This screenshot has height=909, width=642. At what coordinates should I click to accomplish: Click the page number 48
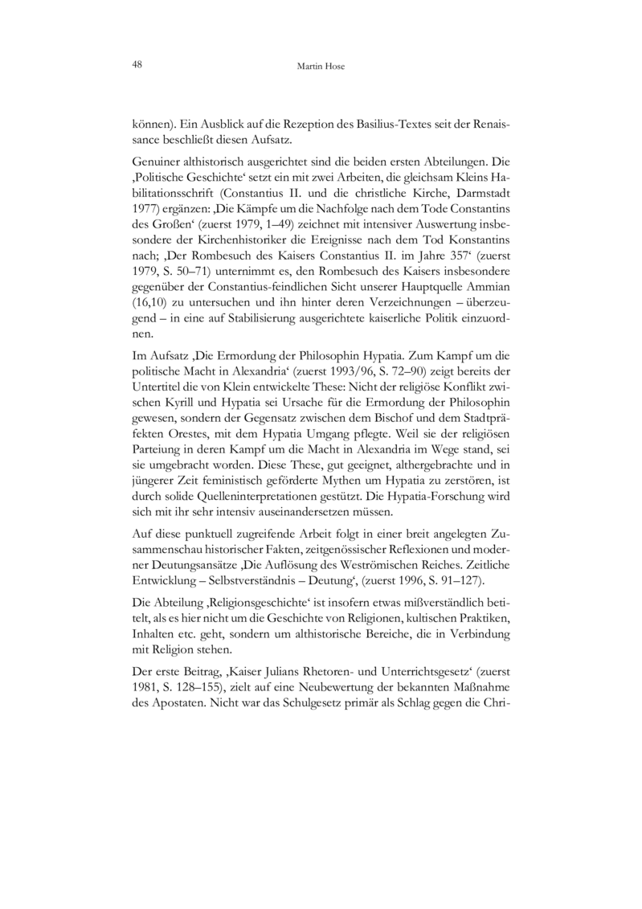(x=137, y=65)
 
